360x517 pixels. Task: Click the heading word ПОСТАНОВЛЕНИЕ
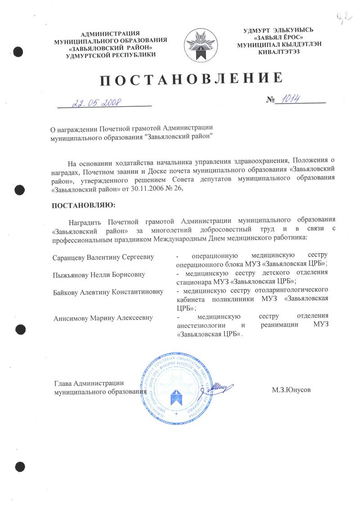click(x=191, y=80)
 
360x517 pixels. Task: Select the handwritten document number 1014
click(x=290, y=99)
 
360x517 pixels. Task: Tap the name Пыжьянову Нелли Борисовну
click(x=99, y=274)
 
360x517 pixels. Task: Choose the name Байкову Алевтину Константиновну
click(x=108, y=291)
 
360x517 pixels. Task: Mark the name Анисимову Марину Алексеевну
click(x=103, y=317)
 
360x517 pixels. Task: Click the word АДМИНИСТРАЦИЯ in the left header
click(x=110, y=33)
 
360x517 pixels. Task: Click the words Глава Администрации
click(x=89, y=383)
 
